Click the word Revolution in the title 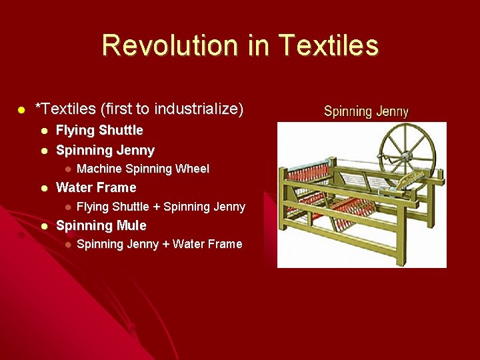coord(170,45)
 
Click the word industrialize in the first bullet coord(203,109)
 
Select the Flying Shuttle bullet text coord(99,130)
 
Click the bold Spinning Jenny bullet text coord(105,150)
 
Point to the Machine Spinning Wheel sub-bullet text coord(143,169)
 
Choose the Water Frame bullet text coord(96,187)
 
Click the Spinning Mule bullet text coord(101,225)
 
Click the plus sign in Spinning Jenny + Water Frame coord(165,244)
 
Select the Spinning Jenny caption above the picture coord(366,112)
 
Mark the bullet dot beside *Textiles coord(21,109)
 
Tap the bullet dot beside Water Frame coord(43,188)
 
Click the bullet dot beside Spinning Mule coord(43,226)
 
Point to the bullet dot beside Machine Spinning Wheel coord(67,169)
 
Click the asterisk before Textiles coord(38,107)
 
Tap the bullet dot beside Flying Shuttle coord(43,131)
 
